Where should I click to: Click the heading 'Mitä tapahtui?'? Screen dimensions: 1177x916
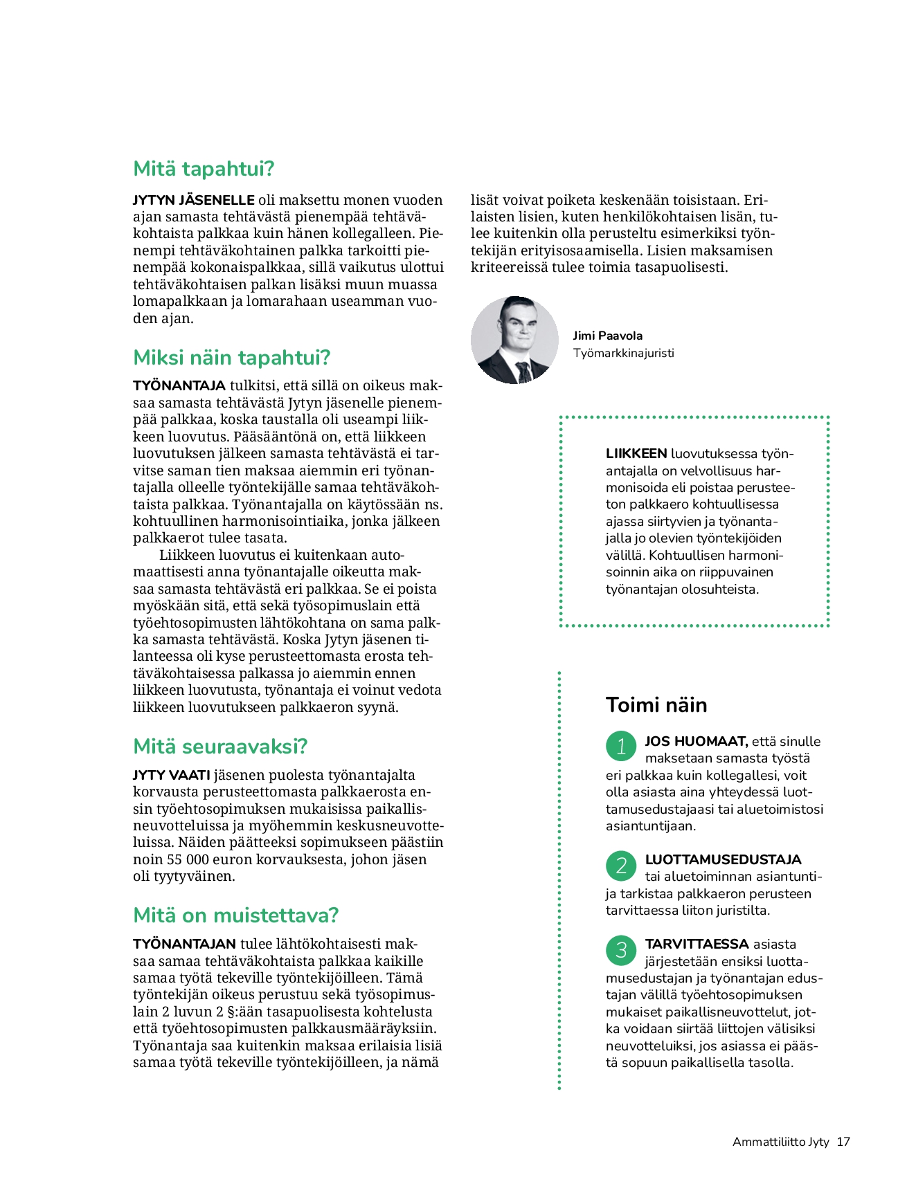click(x=204, y=169)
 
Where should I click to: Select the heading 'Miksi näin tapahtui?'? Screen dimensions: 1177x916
click(x=231, y=358)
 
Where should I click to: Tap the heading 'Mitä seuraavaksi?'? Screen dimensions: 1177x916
click(x=219, y=747)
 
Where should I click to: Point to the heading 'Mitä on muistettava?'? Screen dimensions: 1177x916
click(x=235, y=915)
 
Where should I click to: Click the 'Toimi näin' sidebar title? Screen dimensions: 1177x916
click(x=656, y=705)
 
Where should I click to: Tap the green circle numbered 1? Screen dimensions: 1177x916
click(x=621, y=746)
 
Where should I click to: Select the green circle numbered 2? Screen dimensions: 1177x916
click(x=621, y=865)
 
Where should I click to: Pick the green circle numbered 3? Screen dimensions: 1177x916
click(x=621, y=950)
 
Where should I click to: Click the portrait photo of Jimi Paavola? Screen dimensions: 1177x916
click(x=514, y=340)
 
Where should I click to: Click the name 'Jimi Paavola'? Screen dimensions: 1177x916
click(x=607, y=336)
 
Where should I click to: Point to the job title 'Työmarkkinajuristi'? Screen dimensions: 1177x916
click(x=623, y=353)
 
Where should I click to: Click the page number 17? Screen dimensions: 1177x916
click(x=843, y=1142)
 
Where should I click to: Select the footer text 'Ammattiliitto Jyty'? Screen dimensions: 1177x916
click(x=780, y=1142)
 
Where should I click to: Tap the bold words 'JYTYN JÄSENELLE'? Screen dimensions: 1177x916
click(x=194, y=201)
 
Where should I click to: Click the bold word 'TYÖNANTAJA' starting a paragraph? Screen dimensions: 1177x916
click(x=179, y=386)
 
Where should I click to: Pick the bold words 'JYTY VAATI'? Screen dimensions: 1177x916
click(x=171, y=776)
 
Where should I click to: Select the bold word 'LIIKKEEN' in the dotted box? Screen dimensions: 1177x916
click(x=636, y=454)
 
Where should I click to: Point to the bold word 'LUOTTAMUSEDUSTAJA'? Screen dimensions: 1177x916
click(x=723, y=860)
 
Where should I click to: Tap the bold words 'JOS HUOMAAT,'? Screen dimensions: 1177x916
click(x=696, y=742)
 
